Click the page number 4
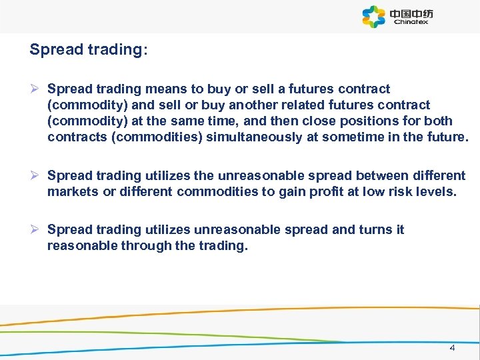(x=453, y=348)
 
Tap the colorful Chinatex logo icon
(x=374, y=17)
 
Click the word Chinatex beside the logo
(x=411, y=21)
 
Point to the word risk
(x=391, y=193)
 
